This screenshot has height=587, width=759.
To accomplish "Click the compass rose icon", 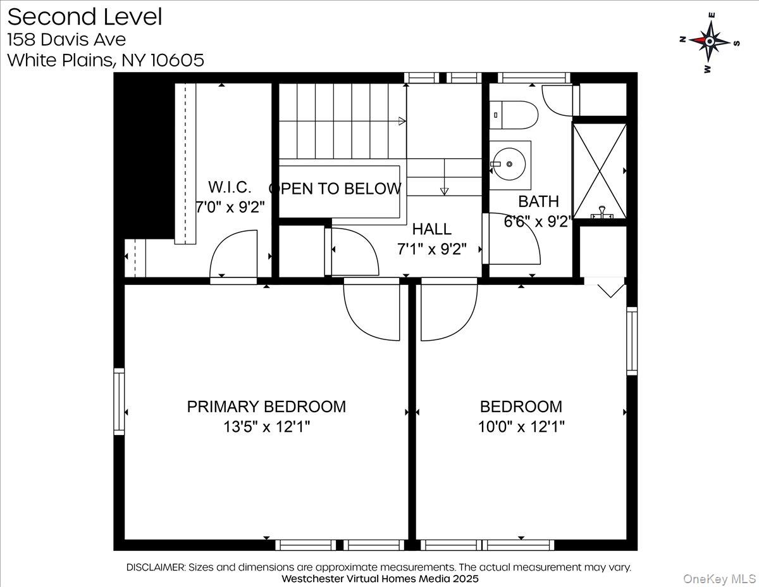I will click(x=710, y=41).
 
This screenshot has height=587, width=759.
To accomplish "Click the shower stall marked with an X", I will click(x=599, y=170).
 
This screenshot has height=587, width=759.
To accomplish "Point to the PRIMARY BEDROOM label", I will click(x=266, y=407).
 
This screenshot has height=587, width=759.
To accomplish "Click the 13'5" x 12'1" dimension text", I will click(x=266, y=427).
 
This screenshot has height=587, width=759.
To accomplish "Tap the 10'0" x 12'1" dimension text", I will click(x=521, y=427).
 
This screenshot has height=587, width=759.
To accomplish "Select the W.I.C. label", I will click(x=230, y=187).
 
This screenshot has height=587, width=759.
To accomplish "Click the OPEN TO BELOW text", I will click(x=335, y=189).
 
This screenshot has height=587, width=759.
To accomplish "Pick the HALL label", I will click(x=432, y=229).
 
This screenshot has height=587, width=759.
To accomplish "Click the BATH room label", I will click(x=538, y=202).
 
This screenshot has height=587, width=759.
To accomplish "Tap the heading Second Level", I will click(x=84, y=17).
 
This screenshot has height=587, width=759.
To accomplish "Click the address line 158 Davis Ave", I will click(x=66, y=39).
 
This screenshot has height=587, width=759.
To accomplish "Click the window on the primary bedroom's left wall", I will click(x=119, y=401).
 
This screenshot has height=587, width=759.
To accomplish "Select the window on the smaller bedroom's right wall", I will click(x=632, y=341).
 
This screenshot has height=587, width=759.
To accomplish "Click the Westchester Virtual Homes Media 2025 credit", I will click(x=379, y=579).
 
